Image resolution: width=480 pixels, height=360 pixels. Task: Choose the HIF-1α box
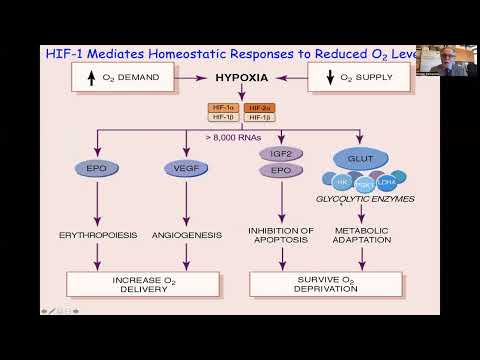(220, 106)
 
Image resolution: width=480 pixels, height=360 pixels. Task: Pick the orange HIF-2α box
(259, 106)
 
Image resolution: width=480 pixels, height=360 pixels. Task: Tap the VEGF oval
(183, 168)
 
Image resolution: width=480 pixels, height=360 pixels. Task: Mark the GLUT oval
(361, 157)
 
